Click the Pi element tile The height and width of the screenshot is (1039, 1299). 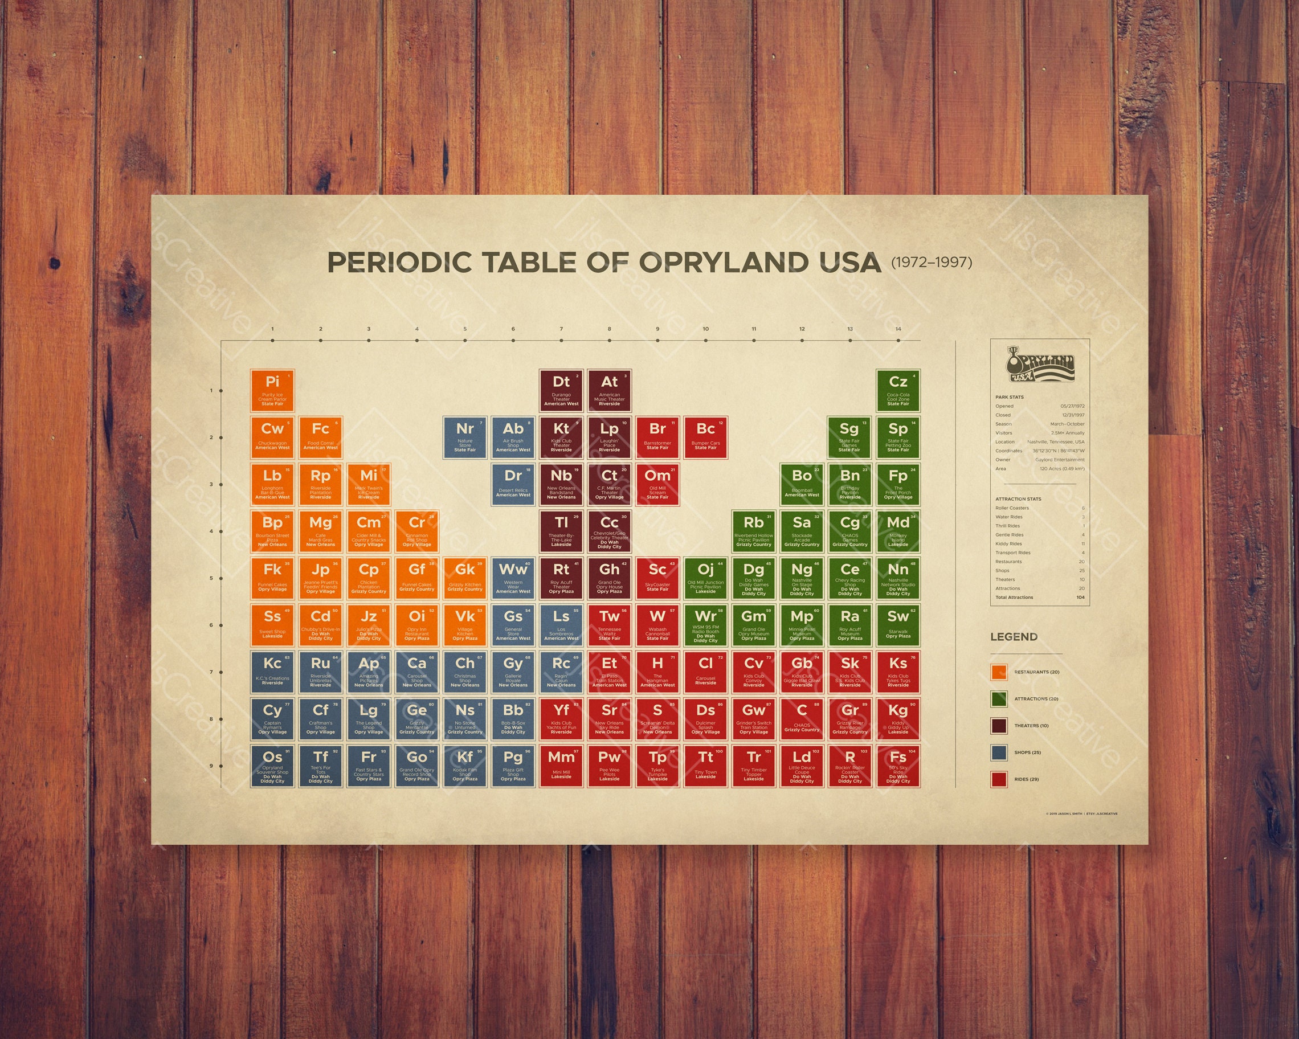coord(272,390)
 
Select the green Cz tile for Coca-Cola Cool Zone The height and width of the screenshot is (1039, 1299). coord(898,390)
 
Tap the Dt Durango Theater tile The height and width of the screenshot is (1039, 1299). coord(561,390)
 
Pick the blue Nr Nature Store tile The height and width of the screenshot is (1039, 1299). coord(464,437)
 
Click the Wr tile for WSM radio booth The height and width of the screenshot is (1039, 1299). coord(705,625)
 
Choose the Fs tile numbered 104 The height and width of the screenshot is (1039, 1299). coord(898,766)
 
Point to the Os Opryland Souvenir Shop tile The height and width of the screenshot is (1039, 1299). coord(272,766)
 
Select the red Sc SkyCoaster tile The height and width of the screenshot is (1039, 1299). coord(657,578)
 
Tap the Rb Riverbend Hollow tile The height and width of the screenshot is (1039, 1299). coord(754,531)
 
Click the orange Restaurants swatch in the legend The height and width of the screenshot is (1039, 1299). coord(999,672)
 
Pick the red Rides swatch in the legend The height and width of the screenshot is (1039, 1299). coord(999,779)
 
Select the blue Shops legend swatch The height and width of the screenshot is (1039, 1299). coord(999,752)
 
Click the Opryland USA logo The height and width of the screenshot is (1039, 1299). coord(1040,364)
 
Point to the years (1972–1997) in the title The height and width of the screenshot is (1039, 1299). coord(932,262)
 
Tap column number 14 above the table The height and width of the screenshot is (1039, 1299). coord(898,329)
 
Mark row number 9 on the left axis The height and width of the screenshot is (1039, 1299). coord(211,766)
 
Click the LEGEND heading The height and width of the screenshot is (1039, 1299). coord(1014,637)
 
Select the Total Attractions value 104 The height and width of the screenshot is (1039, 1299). coord(1080,598)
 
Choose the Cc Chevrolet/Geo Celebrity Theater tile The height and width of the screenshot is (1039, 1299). coord(609,531)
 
